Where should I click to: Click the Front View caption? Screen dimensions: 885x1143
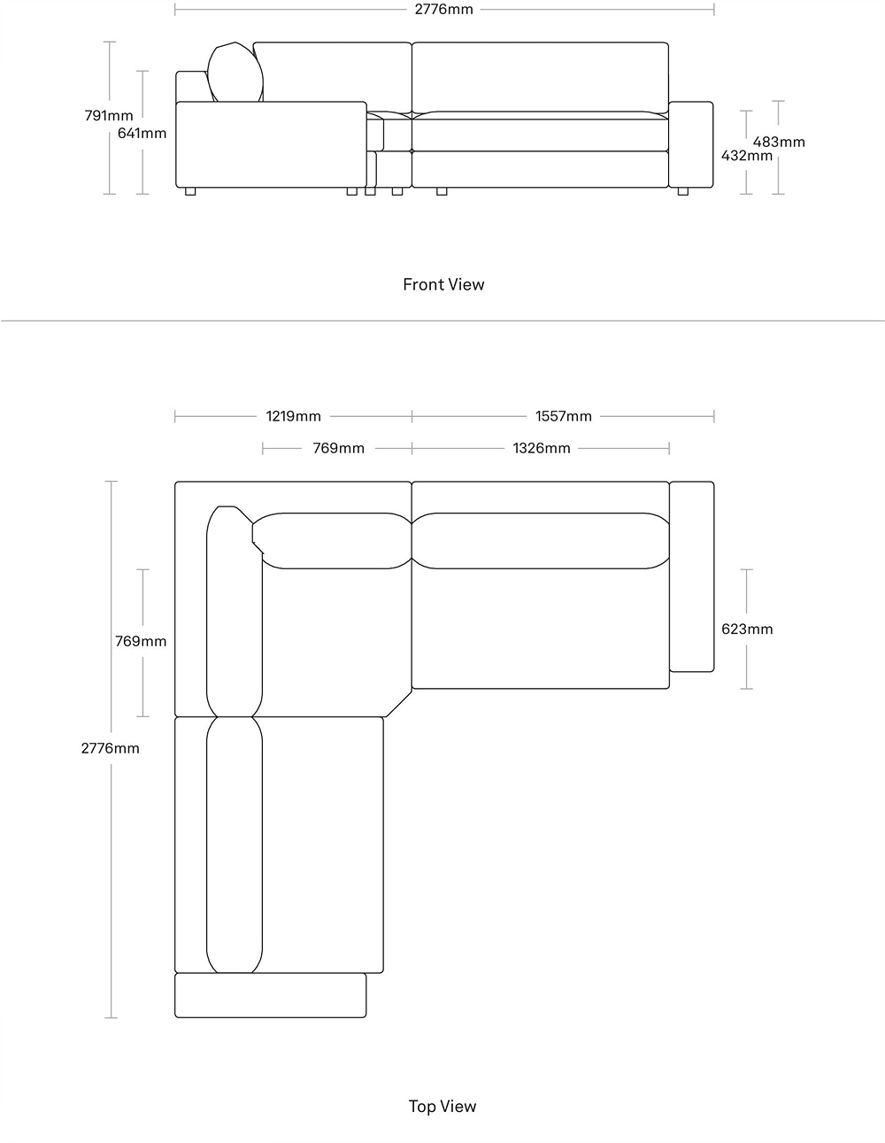443,284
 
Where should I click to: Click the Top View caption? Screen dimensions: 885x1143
442,1106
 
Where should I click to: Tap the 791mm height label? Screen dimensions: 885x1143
109,115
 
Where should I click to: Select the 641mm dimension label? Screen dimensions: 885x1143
142,133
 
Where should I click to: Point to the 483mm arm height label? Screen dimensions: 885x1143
779,142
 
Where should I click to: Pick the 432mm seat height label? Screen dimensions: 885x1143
747,155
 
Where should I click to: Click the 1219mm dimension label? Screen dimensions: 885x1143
293,416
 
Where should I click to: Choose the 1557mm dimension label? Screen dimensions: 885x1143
564,416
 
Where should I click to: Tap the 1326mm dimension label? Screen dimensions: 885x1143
542,448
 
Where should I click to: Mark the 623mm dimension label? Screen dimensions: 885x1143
747,629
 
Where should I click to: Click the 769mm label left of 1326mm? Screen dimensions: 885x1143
338,448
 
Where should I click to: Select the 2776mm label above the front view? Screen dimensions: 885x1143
443,9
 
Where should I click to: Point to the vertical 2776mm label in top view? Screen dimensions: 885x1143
111,748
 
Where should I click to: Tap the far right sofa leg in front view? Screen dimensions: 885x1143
682,191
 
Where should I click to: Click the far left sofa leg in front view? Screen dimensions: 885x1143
190,191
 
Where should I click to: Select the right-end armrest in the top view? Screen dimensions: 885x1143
691,576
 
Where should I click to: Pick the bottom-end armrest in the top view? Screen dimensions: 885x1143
270,995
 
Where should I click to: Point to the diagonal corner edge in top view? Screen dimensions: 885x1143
399,703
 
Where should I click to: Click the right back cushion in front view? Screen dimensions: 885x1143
540,77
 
